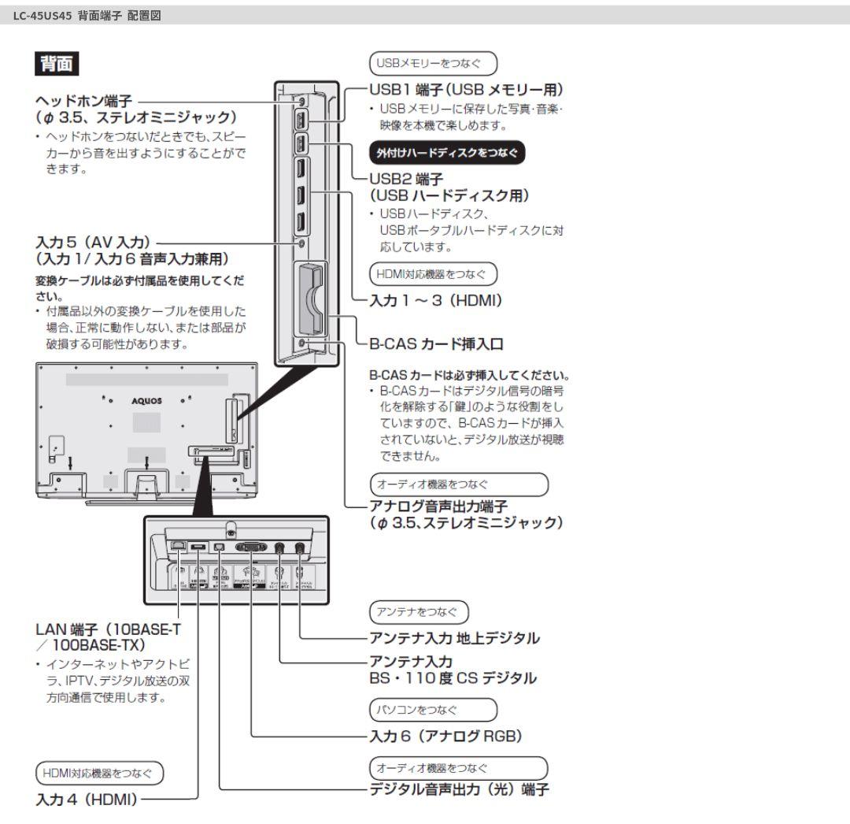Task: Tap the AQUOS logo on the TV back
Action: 146,400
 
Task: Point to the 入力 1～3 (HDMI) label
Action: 436,299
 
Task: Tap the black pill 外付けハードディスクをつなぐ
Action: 447,152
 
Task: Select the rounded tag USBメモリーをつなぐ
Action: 434,61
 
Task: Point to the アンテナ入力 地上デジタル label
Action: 455,638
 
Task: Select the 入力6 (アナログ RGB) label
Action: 446,736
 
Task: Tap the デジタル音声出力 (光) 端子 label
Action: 460,789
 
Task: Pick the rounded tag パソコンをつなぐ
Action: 434,710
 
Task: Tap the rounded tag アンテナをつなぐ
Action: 419,611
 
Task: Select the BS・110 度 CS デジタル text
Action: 453,677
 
